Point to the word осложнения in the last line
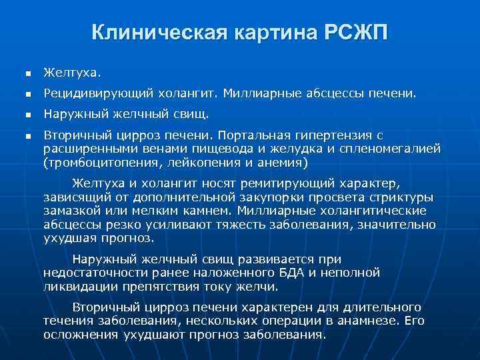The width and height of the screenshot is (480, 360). pyautogui.click(x=80, y=335)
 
